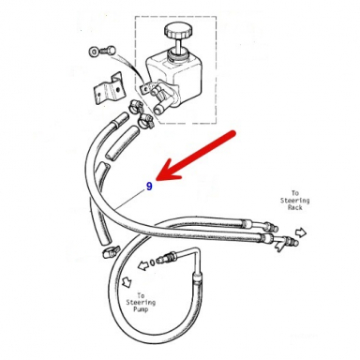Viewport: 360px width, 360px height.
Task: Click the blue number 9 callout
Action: click(x=148, y=186)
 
